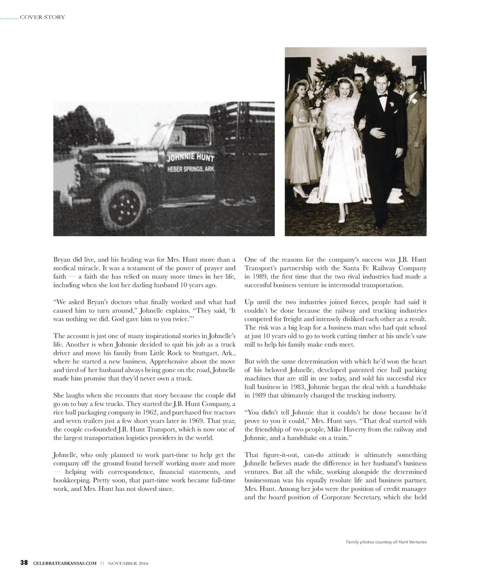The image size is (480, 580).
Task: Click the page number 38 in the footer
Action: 24,563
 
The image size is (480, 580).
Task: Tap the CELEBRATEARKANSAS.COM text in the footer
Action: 65,563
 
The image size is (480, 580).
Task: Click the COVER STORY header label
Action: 43,17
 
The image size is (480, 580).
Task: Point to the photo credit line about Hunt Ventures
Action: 386,542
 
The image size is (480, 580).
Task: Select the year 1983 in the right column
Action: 294,387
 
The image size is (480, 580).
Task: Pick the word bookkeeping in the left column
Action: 72,481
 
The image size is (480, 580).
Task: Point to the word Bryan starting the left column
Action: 62,259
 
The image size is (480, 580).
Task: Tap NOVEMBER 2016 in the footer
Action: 128,563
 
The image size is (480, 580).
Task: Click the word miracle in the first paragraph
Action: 69,268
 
